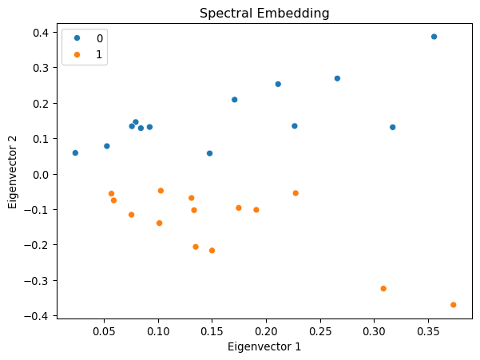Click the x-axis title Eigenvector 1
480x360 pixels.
click(264, 346)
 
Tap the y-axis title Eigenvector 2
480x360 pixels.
click(14, 173)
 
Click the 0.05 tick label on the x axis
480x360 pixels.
click(105, 330)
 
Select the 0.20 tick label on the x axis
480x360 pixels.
click(267, 330)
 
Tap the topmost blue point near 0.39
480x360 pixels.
click(434, 37)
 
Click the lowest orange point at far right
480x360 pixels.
click(453, 305)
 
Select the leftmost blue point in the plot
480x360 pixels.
click(75, 152)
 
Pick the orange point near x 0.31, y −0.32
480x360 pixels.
click(383, 289)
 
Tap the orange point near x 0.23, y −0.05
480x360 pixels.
click(296, 193)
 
